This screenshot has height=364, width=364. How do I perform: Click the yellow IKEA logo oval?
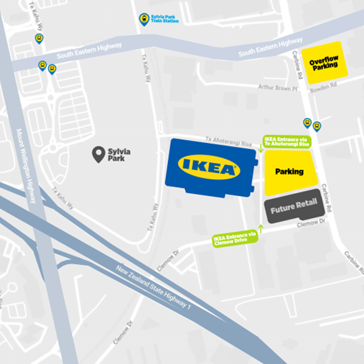[x=210, y=167]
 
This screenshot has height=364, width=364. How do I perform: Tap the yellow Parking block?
[x=289, y=172]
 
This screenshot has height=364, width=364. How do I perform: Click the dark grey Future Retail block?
[x=293, y=210]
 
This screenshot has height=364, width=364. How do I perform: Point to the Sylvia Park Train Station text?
[x=166, y=20]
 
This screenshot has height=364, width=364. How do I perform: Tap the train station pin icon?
[x=144, y=18]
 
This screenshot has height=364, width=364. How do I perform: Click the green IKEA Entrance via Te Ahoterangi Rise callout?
[x=287, y=141]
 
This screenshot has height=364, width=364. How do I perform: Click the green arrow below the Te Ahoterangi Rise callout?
[x=261, y=151]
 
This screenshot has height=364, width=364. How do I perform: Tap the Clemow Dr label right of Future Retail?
[x=311, y=226]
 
